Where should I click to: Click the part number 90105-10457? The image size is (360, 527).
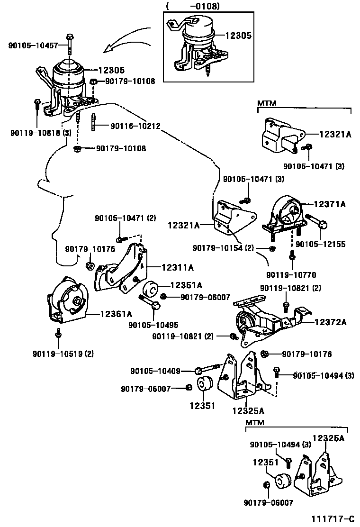click(33, 45)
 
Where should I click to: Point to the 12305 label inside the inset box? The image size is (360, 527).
click(238, 36)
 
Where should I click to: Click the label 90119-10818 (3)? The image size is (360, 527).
click(40, 133)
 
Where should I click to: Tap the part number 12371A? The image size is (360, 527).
click(329, 204)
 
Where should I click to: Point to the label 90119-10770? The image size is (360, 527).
click(291, 275)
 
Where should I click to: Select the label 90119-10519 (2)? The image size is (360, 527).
click(63, 353)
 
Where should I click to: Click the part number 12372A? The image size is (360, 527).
click(330, 322)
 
